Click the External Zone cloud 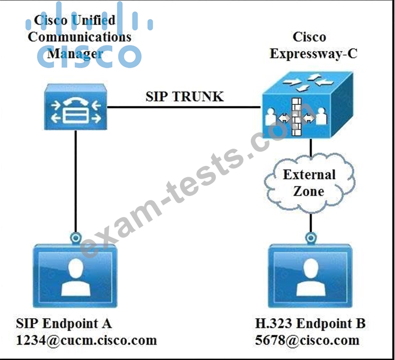(x=309, y=182)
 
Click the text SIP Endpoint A (x=64, y=324)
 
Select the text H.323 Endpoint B (x=310, y=324)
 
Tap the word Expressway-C (x=313, y=53)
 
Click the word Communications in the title (x=80, y=36)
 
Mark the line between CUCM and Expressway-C (x=184, y=107)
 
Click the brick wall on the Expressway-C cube (x=297, y=118)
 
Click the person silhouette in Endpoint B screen (x=310, y=276)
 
